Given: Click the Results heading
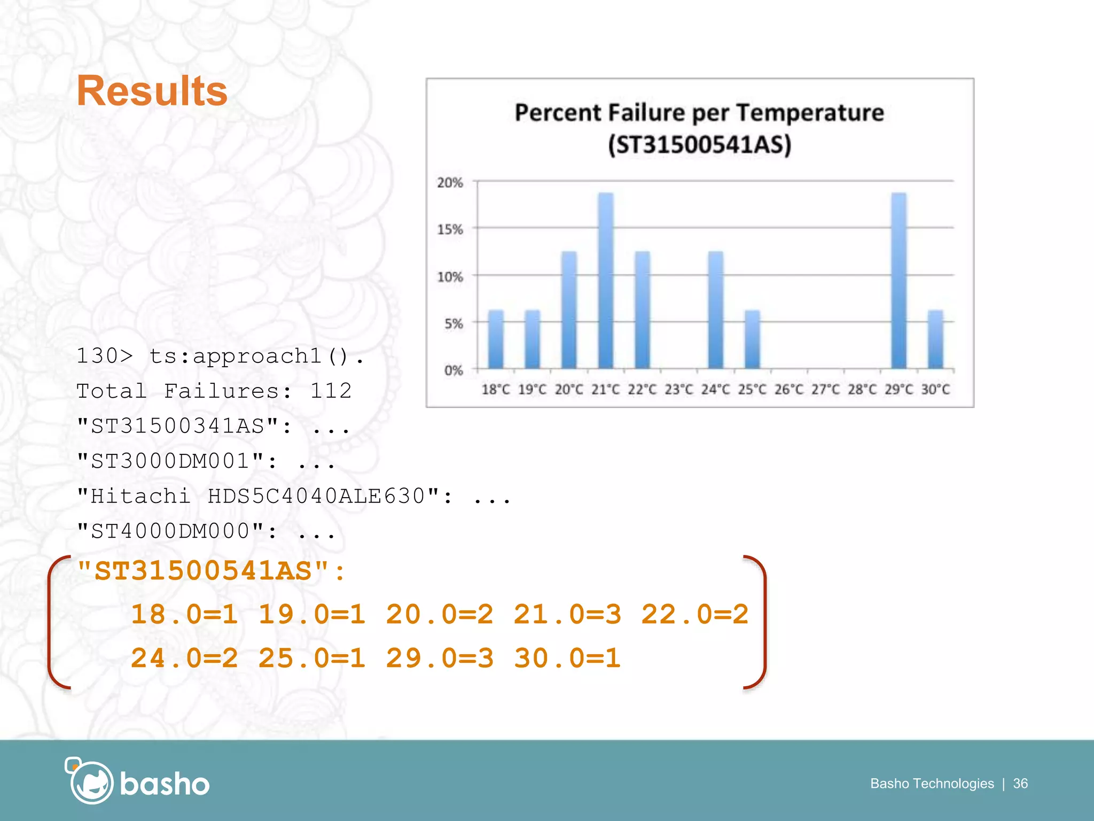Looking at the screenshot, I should click(152, 91).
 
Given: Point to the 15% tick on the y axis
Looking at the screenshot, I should click(450, 229).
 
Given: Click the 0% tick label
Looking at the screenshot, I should click(453, 370).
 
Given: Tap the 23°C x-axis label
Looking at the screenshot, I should click(678, 390).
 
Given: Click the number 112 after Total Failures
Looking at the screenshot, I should click(331, 391).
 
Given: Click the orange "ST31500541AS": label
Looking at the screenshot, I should click(212, 571).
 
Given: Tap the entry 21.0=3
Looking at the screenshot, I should click(567, 615).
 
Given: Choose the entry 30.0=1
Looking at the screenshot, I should click(567, 659).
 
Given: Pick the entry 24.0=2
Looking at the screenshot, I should click(184, 659).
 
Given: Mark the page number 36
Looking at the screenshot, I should click(1020, 784).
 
